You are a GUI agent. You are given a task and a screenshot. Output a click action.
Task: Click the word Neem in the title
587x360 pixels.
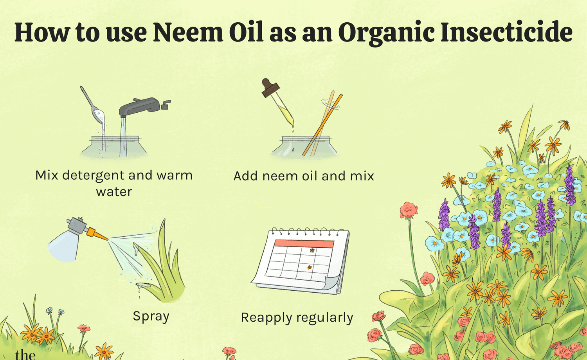187,32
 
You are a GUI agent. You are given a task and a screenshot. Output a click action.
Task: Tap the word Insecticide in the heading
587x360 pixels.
506,32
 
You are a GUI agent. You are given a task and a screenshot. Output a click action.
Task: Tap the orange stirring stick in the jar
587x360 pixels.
322,125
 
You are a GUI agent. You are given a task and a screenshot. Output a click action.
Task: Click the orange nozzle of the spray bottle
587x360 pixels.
97,234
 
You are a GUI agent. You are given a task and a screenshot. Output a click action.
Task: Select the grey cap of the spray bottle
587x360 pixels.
77,225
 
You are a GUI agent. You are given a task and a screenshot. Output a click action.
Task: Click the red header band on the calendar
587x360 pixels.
304,244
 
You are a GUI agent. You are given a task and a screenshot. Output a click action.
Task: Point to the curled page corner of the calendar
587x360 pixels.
332,283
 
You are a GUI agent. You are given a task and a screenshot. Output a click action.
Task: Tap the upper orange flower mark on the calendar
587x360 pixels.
312,250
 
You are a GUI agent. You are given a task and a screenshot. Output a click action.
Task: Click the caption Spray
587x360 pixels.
151,317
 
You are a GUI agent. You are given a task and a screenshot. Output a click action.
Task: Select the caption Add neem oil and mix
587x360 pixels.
304,176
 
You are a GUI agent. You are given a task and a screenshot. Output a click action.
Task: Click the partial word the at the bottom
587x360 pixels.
25,355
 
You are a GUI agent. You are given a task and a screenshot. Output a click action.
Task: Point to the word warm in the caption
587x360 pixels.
175,175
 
